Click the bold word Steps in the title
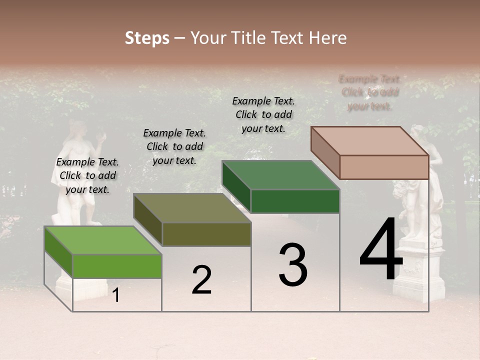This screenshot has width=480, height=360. [147, 38]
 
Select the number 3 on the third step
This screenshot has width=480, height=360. [293, 265]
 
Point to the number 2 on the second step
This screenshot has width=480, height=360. [201, 280]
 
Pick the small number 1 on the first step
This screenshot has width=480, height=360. [116, 295]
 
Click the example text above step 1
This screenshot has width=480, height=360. [87, 175]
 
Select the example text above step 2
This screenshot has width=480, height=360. [174, 146]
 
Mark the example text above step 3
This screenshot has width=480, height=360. [263, 114]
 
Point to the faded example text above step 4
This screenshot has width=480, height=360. [370, 92]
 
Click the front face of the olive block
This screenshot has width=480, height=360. [206, 234]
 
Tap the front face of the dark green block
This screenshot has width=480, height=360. [295, 201]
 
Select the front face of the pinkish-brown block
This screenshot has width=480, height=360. [384, 167]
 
